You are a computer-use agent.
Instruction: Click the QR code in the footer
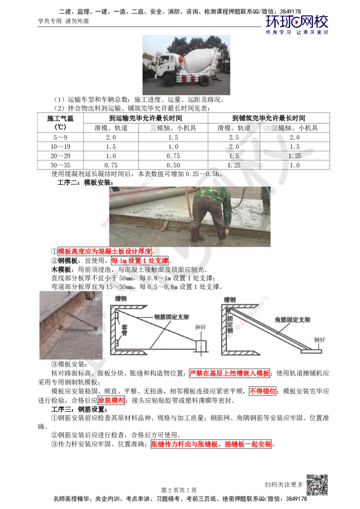coord(317,485)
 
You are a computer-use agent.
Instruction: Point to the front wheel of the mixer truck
coord(168,80)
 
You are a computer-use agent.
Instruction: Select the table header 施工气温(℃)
coord(60,123)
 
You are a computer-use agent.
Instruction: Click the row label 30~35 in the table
coord(60,165)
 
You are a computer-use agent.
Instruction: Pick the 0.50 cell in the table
coord(173,165)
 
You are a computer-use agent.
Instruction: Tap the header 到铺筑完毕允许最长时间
coord(269,118)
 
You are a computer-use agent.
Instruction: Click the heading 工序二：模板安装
coord(85,183)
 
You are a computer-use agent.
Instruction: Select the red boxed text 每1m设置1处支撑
coord(139,261)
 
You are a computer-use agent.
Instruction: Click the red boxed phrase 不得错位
coord(262,391)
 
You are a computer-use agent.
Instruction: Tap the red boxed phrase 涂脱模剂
coord(111,400)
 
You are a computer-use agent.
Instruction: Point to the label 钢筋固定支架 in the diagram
coord(171,317)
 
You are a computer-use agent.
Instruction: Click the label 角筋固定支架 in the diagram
coord(292,320)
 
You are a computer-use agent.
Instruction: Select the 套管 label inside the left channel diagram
coord(125,330)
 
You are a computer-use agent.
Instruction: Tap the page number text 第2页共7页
coord(179,490)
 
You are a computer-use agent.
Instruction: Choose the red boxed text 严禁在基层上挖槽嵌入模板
coord(229,373)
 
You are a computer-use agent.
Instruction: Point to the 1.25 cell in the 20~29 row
coord(295,156)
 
